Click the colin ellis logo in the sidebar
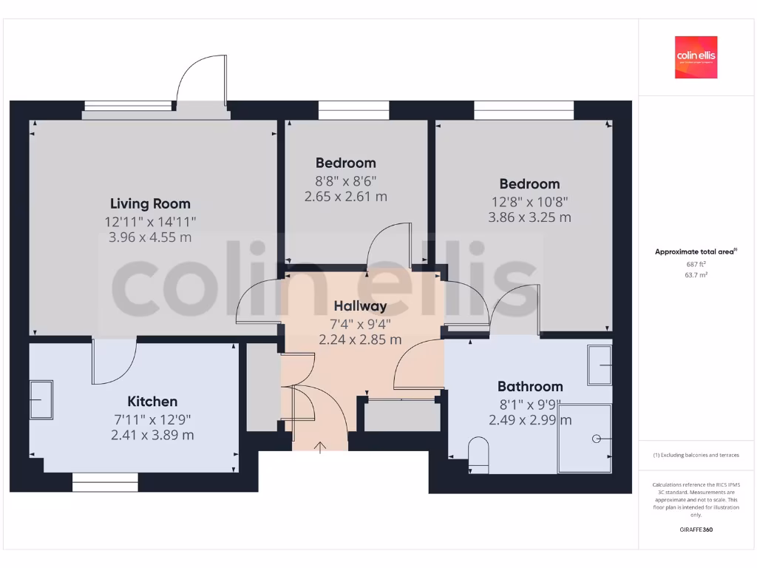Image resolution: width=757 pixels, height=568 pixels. (696, 57)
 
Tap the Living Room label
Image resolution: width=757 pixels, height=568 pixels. (150, 203)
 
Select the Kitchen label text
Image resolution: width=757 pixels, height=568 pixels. (152, 402)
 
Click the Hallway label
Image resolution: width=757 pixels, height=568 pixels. (360, 305)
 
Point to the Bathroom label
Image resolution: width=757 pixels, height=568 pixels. (530, 386)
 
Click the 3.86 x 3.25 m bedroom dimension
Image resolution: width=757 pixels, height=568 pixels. (529, 217)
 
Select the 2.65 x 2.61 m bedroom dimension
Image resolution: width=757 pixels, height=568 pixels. (345, 197)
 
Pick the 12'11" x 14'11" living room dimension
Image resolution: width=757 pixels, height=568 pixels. (150, 221)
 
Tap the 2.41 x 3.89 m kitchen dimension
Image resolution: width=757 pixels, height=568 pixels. (152, 435)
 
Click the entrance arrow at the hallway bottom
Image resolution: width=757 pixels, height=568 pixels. (320, 447)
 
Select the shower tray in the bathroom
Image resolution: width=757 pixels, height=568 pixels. (585, 438)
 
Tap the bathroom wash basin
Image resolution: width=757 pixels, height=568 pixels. (600, 365)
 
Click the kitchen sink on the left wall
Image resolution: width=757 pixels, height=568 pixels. (41, 400)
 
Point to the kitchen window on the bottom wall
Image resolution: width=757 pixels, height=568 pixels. (105, 482)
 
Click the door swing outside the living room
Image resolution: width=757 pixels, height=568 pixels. (200, 83)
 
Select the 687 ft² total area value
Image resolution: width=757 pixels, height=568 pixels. (696, 263)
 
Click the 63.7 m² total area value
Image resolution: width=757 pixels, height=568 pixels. (696, 274)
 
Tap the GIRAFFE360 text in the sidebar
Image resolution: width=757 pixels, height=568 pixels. (696, 530)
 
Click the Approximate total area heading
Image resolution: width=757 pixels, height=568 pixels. (695, 252)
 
